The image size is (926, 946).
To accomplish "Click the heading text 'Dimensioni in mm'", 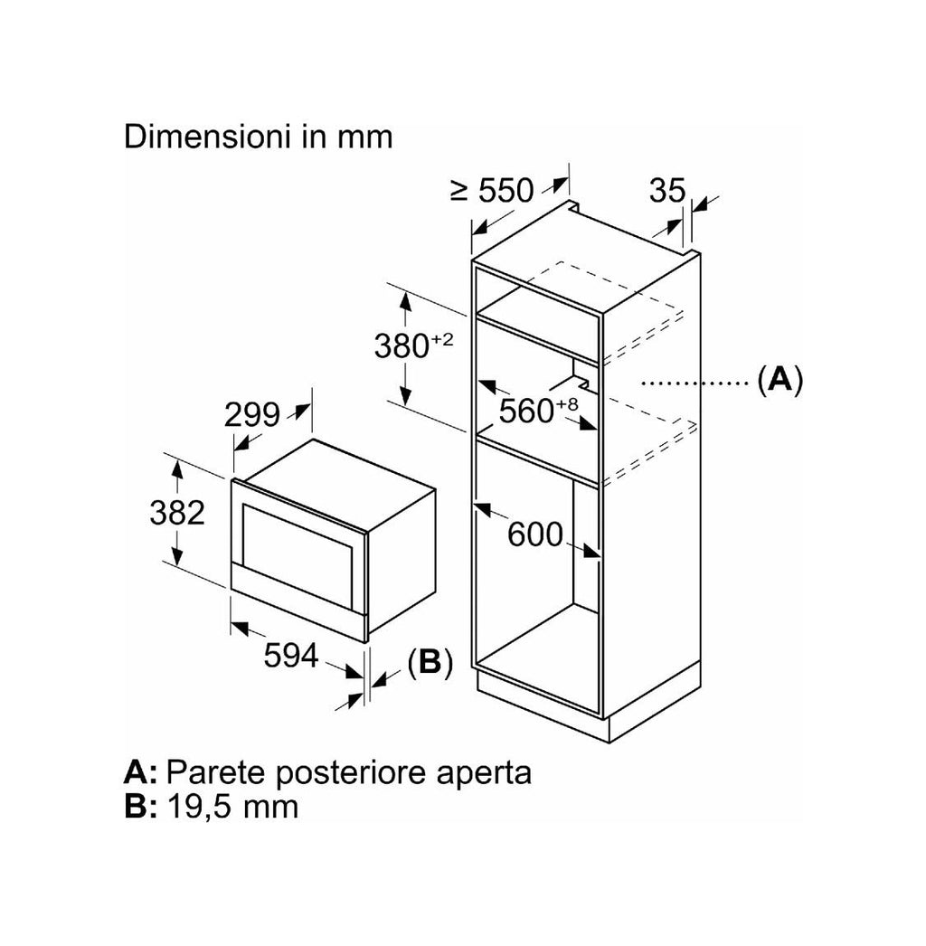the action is tap(259, 137).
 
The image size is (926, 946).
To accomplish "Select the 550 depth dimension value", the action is tap(506, 191).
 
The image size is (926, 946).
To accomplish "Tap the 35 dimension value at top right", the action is tap(667, 191).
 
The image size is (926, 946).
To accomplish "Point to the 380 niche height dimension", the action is tap(402, 346).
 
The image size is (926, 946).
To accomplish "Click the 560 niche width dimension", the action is tap(526, 412).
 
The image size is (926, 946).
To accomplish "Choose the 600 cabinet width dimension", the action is tap(535, 534).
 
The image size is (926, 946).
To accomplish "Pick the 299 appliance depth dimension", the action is tap(252, 415).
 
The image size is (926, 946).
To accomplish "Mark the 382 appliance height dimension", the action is tap(177, 514).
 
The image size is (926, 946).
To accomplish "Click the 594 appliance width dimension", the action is tap(291, 656).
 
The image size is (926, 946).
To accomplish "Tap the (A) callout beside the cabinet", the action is tap(780, 380).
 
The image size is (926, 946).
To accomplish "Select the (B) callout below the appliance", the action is tap(430, 662).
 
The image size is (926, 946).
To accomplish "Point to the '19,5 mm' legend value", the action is tap(232, 807).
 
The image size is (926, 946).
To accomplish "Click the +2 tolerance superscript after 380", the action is tap(441, 340).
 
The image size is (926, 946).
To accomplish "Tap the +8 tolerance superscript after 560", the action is tap(566, 404).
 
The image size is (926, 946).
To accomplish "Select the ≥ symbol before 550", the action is tap(459, 192).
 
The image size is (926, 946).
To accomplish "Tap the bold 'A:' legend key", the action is tap(140, 772).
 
